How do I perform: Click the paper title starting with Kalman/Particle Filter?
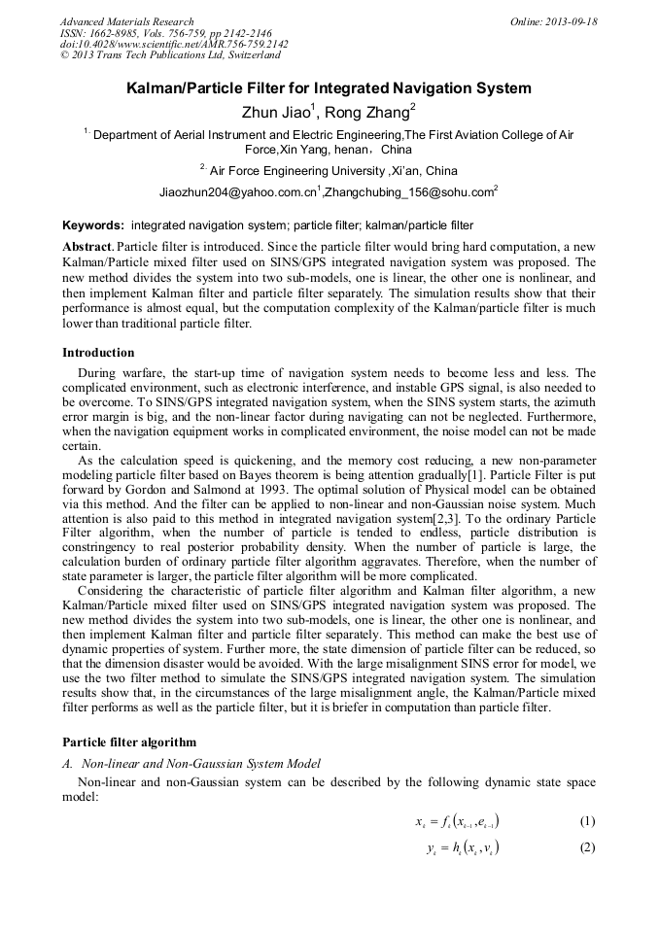coord(329,88)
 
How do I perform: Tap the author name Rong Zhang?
coord(367,113)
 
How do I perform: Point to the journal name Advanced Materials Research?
coord(126,21)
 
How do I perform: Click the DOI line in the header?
coord(174,45)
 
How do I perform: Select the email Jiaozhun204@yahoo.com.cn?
coord(238,192)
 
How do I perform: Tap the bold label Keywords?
coord(93,225)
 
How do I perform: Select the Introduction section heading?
coord(98,353)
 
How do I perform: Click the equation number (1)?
coord(587,821)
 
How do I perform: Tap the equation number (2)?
coord(587,847)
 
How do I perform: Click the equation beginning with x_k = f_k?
coord(457,821)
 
